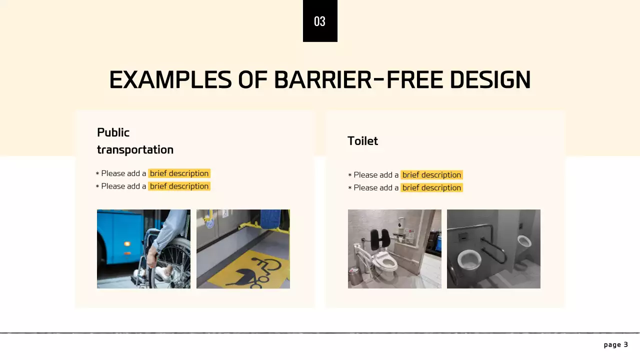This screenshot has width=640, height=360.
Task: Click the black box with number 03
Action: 320,21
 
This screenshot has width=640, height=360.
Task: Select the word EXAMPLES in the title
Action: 170,80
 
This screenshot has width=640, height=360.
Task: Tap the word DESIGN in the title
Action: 490,80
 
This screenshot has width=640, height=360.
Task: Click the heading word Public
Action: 113,132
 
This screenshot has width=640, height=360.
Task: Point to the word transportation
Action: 135,149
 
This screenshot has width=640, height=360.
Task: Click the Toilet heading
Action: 362,141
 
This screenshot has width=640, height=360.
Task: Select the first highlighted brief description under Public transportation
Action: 179,173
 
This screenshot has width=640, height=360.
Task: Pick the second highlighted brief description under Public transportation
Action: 179,186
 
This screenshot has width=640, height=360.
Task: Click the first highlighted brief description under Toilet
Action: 431,175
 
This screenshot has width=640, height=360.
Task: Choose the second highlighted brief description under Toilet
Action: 431,188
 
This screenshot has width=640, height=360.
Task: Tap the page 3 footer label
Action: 615,344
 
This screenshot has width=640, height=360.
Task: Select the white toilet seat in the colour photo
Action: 386,259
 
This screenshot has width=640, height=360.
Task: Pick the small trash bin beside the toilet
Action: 355,276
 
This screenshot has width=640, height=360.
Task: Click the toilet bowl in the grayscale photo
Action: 469,260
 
